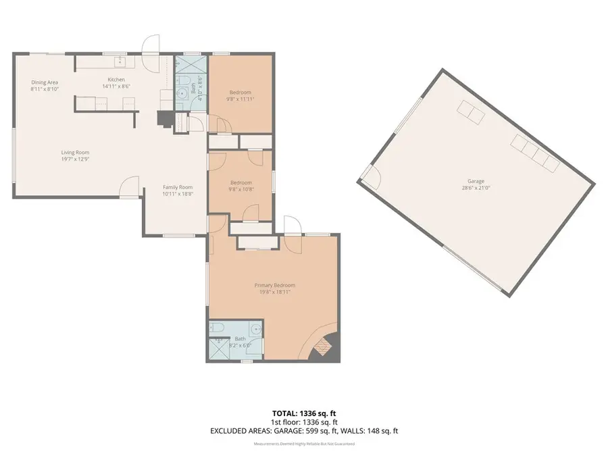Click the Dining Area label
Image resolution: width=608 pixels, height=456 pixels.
click(45, 82)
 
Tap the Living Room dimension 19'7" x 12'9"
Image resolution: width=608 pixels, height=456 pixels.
click(75, 160)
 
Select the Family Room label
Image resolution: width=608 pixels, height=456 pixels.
click(178, 187)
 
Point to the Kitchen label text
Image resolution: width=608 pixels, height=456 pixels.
click(116, 80)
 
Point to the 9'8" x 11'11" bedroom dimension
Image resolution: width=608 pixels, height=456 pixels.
click(241, 99)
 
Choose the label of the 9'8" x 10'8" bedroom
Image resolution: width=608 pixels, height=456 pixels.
click(241, 182)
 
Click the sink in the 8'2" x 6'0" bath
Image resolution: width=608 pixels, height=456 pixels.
click(255, 331)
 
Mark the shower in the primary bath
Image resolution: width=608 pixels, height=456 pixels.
click(220, 349)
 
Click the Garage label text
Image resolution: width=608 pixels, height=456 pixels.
click(476, 181)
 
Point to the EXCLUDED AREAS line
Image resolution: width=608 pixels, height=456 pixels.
click(303, 430)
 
